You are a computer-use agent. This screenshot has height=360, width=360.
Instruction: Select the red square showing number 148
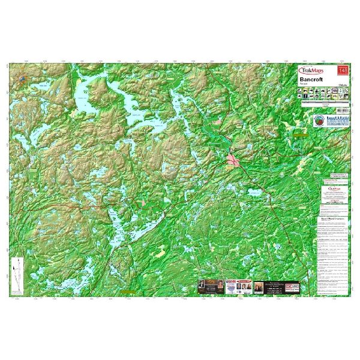[344, 71]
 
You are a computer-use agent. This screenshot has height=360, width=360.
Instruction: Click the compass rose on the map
[22, 79]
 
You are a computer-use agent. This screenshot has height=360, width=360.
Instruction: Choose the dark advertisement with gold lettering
[206, 287]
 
